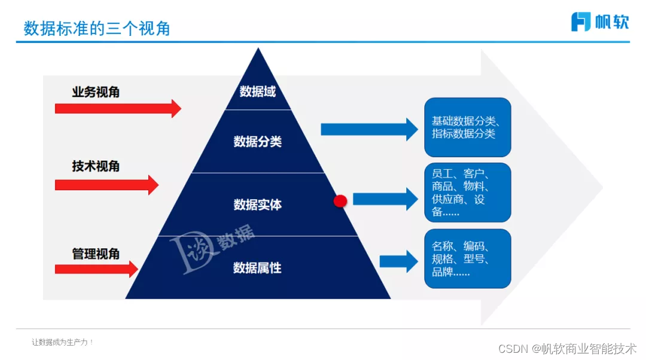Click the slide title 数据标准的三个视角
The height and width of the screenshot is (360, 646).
tap(97, 28)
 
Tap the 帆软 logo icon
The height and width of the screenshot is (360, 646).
tap(581, 22)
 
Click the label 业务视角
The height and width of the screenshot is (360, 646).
tap(96, 92)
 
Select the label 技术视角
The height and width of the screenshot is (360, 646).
tap(96, 166)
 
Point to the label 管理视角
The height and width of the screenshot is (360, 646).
tap(96, 254)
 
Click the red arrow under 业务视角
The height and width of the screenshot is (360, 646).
tap(117, 108)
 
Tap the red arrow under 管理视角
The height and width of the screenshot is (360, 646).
tap(96, 269)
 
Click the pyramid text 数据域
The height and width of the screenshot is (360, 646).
tap(257, 91)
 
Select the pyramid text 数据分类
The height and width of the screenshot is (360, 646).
tap(257, 142)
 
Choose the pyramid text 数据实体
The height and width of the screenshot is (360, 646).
tap(257, 205)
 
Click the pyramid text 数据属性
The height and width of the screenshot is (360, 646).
tap(257, 268)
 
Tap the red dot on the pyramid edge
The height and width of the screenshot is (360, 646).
tap(340, 202)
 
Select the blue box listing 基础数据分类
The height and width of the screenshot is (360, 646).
tap(467, 127)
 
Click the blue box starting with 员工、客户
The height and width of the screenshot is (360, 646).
tap(467, 193)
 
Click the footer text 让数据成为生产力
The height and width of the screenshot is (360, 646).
tap(62, 342)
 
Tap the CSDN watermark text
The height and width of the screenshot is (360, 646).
tap(567, 348)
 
